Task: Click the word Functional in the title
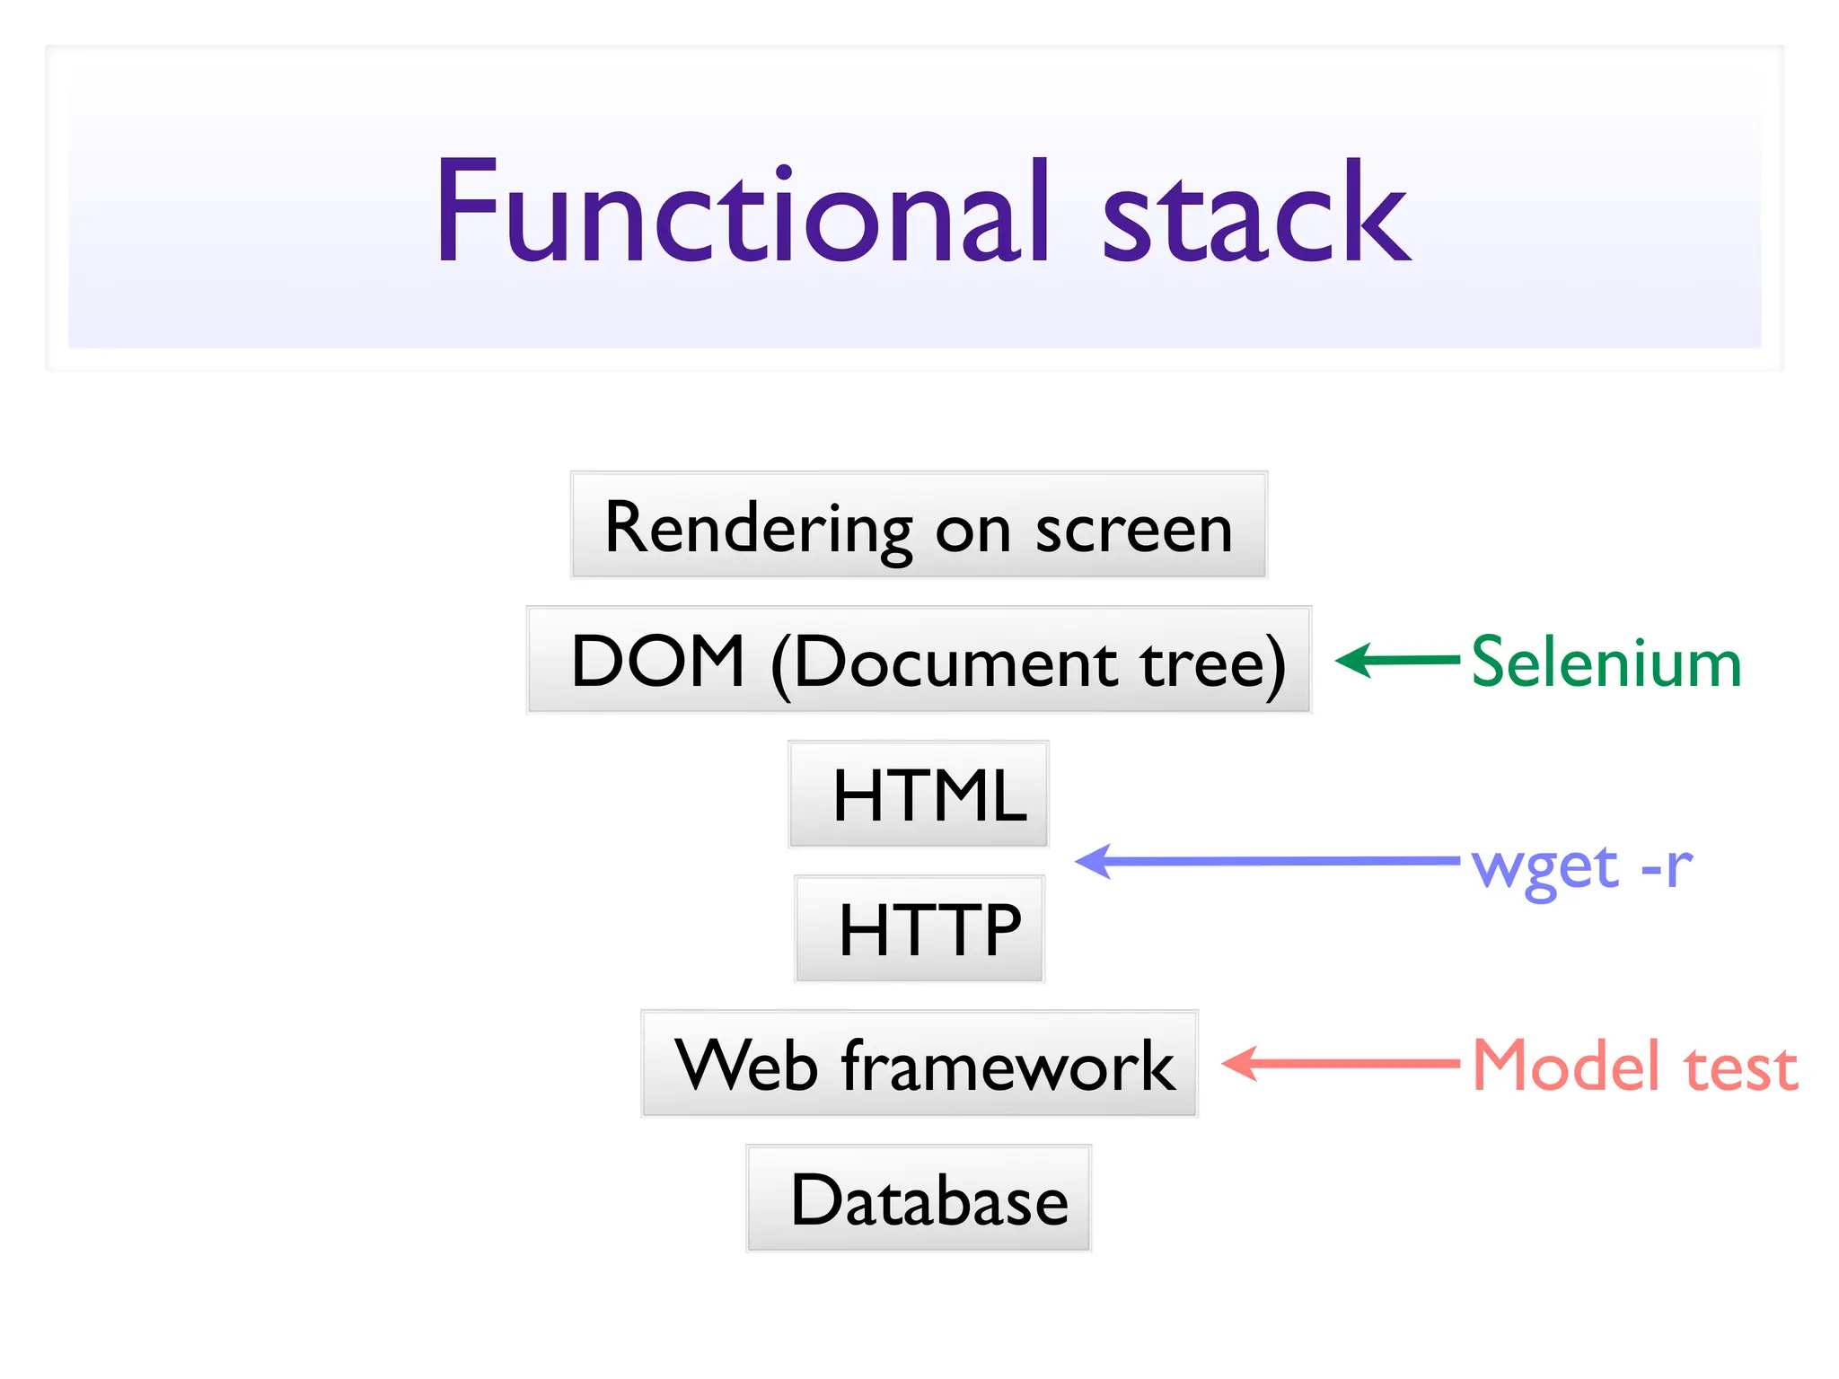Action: (x=742, y=212)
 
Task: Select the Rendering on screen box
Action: (x=919, y=526)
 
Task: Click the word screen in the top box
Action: (x=1133, y=530)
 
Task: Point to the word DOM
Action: (x=658, y=662)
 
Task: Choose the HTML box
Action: (x=919, y=795)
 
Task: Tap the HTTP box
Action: (x=919, y=929)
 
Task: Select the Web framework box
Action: (x=919, y=1064)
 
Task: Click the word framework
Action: (x=1007, y=1066)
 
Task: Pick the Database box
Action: (x=919, y=1199)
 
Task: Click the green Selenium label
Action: (x=1606, y=663)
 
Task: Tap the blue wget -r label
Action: (x=1581, y=866)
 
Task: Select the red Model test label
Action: (x=1634, y=1066)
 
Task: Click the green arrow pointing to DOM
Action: (x=1396, y=661)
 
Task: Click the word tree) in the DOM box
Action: (x=1212, y=663)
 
